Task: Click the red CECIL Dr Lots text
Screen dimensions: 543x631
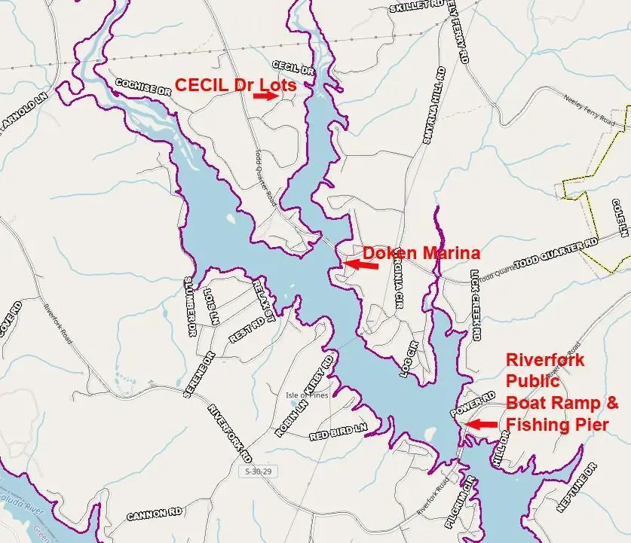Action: pos(235,84)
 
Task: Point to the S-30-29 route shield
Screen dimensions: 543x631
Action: pos(258,471)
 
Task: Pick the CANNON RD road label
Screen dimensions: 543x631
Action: pos(155,515)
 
